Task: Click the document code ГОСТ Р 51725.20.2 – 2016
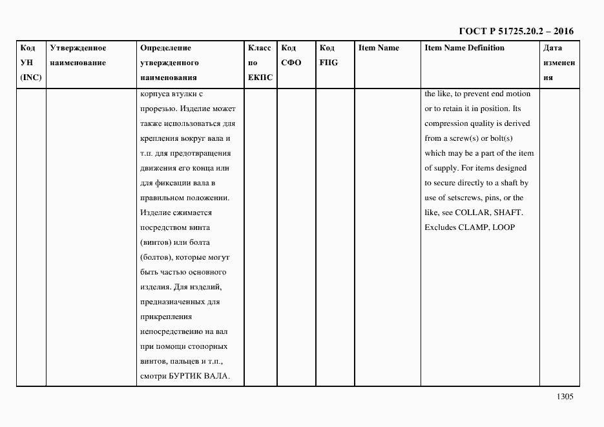click(x=516, y=32)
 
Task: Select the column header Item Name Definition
click(x=464, y=48)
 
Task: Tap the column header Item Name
click(x=379, y=48)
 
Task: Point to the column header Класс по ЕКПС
click(x=260, y=63)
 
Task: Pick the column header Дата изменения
click(x=558, y=63)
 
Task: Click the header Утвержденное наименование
click(x=78, y=56)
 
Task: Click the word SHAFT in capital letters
click(x=508, y=213)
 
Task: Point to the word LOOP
click(x=505, y=227)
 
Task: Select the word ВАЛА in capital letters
click(x=218, y=377)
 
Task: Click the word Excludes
click(x=440, y=227)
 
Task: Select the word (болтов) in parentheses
click(x=154, y=257)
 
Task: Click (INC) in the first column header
click(x=30, y=78)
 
